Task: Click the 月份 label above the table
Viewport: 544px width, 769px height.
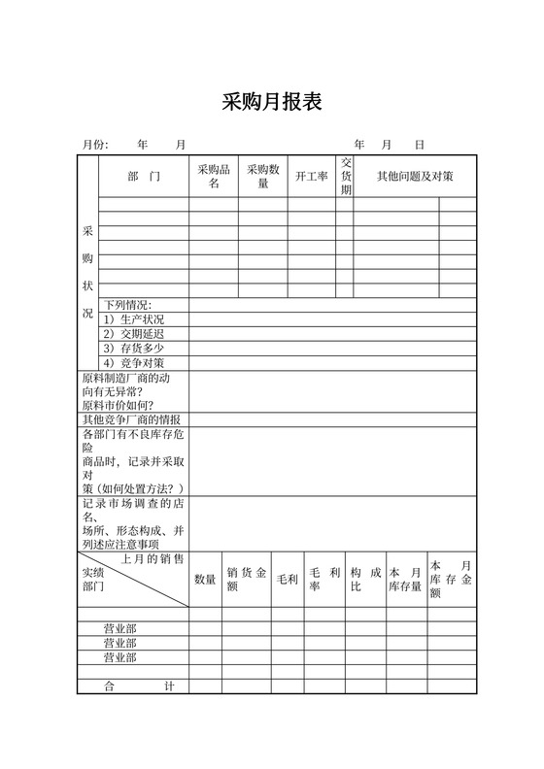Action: tap(95, 145)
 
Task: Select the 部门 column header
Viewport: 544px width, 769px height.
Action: tap(143, 176)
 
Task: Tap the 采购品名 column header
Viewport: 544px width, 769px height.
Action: tap(214, 176)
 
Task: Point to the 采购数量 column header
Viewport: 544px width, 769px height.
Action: tap(263, 176)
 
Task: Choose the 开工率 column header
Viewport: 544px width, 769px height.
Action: tap(312, 176)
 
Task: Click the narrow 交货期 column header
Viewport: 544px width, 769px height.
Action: tap(345, 176)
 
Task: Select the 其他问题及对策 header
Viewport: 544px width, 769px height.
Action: tap(414, 176)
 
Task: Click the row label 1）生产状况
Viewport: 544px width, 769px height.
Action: tap(133, 319)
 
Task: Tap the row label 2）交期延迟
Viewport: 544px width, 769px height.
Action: tap(133, 334)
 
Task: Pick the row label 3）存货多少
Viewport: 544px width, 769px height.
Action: tap(133, 349)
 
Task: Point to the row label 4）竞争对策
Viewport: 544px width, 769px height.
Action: tap(133, 363)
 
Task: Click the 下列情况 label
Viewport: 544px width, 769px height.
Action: tap(128, 305)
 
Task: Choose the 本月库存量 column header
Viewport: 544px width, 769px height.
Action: tap(405, 580)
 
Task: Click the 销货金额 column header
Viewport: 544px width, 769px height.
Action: tap(246, 580)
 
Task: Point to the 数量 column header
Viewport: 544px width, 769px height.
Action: tap(205, 580)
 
